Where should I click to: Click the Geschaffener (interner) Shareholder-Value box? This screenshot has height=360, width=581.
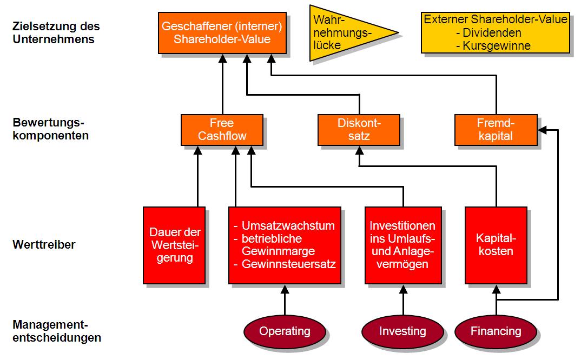pos(222,33)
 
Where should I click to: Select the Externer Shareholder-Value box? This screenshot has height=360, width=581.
pos(495,33)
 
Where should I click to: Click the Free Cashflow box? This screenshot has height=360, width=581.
pos(222,130)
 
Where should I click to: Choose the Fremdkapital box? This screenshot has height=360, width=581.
pos(496,130)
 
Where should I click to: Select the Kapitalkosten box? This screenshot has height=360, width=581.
pos(496,245)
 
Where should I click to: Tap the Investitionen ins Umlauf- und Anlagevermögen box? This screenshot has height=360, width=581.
pos(402,245)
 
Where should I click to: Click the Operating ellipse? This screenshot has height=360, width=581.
pos(285,331)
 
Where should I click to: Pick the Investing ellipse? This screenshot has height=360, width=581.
pos(402,331)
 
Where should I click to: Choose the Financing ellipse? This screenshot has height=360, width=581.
pos(496,331)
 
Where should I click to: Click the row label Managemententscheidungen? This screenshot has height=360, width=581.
pos(56,331)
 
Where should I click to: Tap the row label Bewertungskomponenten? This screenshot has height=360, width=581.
pos(50,129)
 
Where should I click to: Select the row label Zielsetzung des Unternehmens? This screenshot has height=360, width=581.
pos(56,32)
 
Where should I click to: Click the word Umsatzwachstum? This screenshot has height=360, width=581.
pos(288,225)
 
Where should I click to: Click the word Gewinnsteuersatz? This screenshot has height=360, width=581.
pos(289,264)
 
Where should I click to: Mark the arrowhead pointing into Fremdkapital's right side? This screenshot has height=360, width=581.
pos(542,130)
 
